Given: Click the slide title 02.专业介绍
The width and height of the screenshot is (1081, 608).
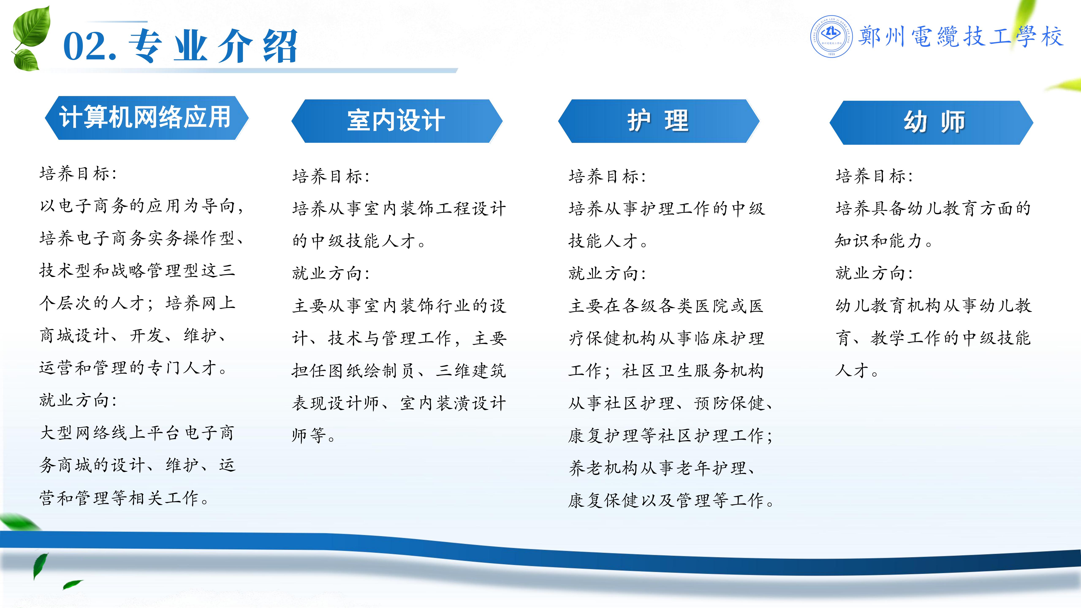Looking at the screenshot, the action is point(181,46).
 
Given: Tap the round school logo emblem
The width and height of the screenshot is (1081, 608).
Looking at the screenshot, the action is point(831,37).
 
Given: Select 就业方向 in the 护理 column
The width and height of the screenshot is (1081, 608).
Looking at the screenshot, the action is point(607,273).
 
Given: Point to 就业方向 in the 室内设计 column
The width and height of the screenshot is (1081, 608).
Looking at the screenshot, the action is point(331,273).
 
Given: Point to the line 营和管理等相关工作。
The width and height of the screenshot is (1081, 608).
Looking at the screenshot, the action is point(124,498).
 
